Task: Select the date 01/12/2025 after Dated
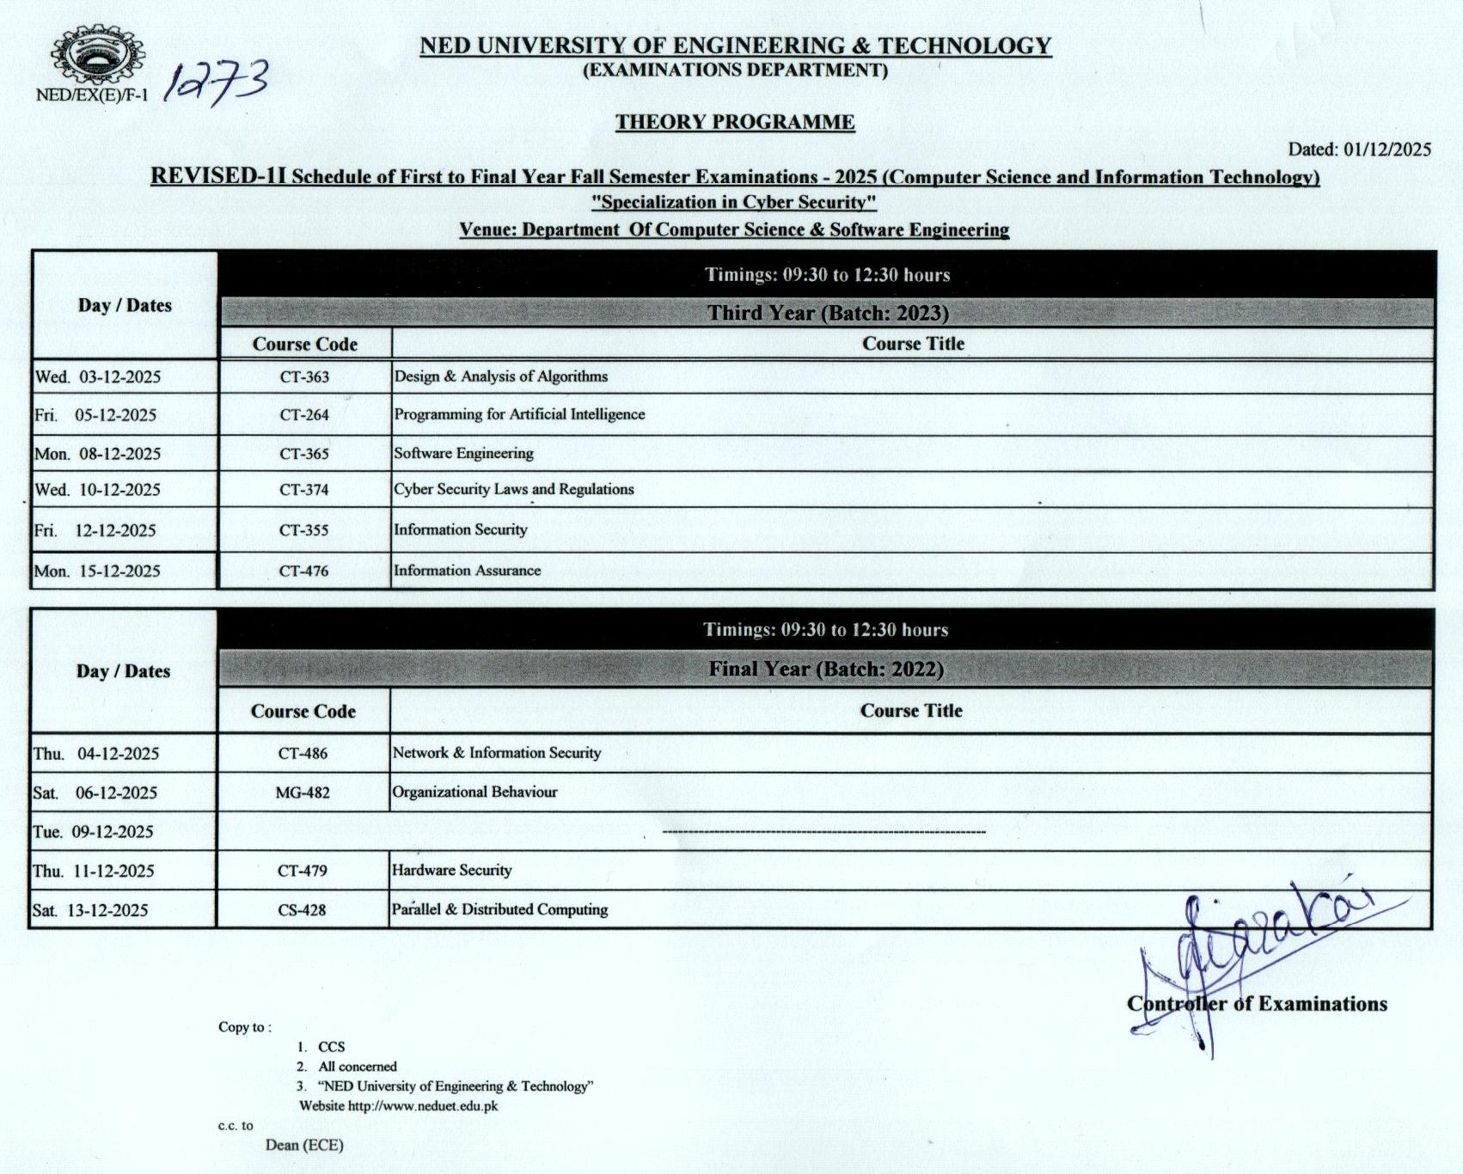pos(1387,150)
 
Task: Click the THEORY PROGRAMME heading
pos(735,122)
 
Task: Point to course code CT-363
pos(304,377)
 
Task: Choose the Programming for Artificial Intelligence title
pos(519,414)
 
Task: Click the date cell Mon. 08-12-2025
pos(98,454)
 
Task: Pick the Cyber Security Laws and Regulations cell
pos(514,489)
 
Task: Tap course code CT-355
pos(303,530)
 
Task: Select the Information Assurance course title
pos(468,571)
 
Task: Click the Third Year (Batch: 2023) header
pos(828,313)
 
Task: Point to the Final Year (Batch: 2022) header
pos(825,669)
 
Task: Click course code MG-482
pos(303,792)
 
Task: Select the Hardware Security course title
pos(452,870)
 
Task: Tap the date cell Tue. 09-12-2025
pos(94,832)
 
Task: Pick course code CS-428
pos(302,910)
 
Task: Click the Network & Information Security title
pos(497,753)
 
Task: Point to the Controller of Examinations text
pos(1257,1004)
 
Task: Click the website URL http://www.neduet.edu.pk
pos(423,1106)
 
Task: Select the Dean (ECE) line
pos(304,1145)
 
